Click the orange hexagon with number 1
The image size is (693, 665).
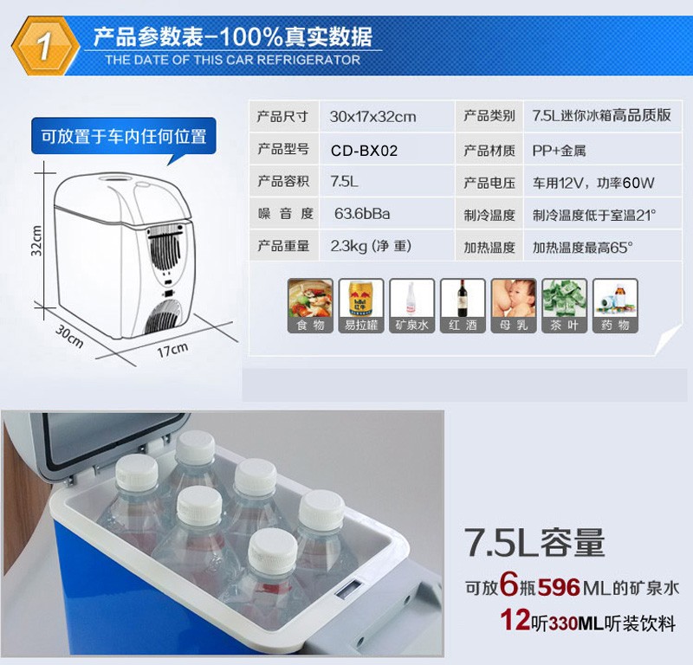pyautogui.click(x=45, y=46)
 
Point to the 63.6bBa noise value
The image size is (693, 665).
pyautogui.click(x=362, y=214)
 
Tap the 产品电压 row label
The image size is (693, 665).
pyautogui.click(x=489, y=183)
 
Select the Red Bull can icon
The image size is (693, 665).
pyautogui.click(x=361, y=306)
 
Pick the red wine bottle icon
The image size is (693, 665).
pyautogui.click(x=463, y=306)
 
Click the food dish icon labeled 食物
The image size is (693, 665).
pyautogui.click(x=310, y=306)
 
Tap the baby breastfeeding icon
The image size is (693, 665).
pyautogui.click(x=514, y=306)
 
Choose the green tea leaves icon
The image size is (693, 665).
pyautogui.click(x=565, y=306)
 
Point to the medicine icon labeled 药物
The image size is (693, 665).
pyautogui.click(x=615, y=306)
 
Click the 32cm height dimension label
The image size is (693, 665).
pyautogui.click(x=37, y=241)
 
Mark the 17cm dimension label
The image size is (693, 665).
pyautogui.click(x=172, y=350)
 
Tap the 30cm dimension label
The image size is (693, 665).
pyautogui.click(x=69, y=337)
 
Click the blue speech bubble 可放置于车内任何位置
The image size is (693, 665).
pyautogui.click(x=124, y=137)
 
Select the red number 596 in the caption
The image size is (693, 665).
pyautogui.click(x=559, y=588)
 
